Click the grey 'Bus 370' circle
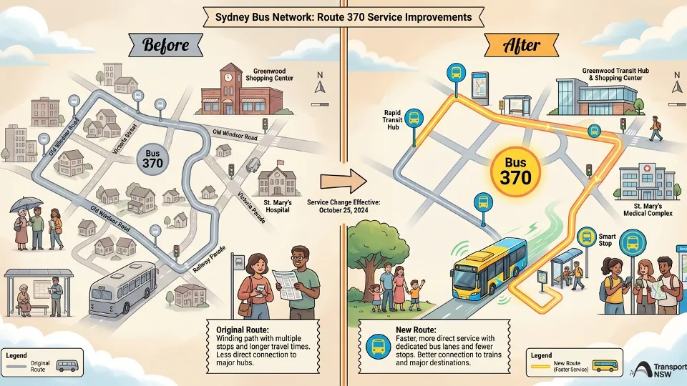pos(152,158)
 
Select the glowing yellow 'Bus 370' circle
pos(515,170)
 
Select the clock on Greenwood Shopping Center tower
pos(228,75)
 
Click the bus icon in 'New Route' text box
pos(376,348)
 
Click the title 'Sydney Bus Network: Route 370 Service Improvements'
pos(343,16)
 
